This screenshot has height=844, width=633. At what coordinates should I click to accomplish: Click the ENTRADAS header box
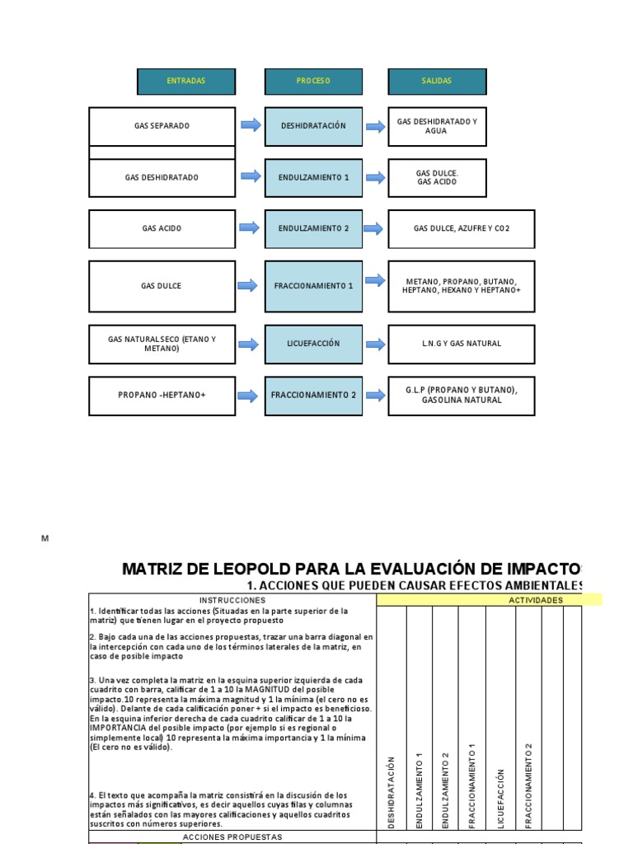186,81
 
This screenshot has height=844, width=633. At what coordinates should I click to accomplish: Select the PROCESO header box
313,81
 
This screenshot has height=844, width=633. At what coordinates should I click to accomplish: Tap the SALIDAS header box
437,81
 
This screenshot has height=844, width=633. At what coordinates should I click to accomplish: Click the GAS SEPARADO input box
162,126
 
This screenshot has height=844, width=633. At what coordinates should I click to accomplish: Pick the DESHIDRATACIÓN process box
313,126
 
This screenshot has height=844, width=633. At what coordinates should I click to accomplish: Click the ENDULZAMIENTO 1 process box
313,177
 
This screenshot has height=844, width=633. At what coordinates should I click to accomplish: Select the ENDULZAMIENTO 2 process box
313,228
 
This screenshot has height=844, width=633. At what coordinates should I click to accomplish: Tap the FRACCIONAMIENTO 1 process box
313,286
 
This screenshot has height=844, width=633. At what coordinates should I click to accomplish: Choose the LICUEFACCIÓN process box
313,343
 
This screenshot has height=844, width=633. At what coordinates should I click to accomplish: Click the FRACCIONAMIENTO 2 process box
313,395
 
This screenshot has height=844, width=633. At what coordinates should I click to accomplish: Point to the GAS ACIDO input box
162,228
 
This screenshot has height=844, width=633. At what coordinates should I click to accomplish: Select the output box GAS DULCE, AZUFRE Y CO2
462,228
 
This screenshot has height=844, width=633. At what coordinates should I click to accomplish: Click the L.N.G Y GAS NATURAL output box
462,343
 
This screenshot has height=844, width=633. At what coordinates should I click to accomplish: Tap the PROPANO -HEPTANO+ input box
162,395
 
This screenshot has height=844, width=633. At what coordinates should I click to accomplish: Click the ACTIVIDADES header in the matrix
536,600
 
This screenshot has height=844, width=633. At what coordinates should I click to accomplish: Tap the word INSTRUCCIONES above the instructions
232,600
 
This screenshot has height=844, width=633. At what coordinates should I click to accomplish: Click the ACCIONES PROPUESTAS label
232,837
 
